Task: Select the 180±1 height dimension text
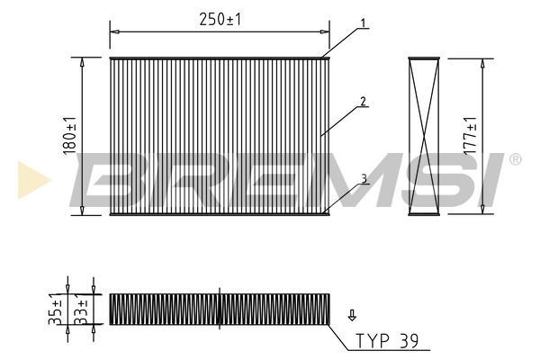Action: click(70, 135)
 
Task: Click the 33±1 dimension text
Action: click(81, 308)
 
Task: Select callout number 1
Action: click(363, 22)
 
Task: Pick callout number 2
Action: click(363, 102)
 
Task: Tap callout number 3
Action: click(363, 179)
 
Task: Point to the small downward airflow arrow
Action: click(351, 315)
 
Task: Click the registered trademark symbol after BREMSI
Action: click(514, 160)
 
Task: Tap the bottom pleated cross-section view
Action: click(220, 308)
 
